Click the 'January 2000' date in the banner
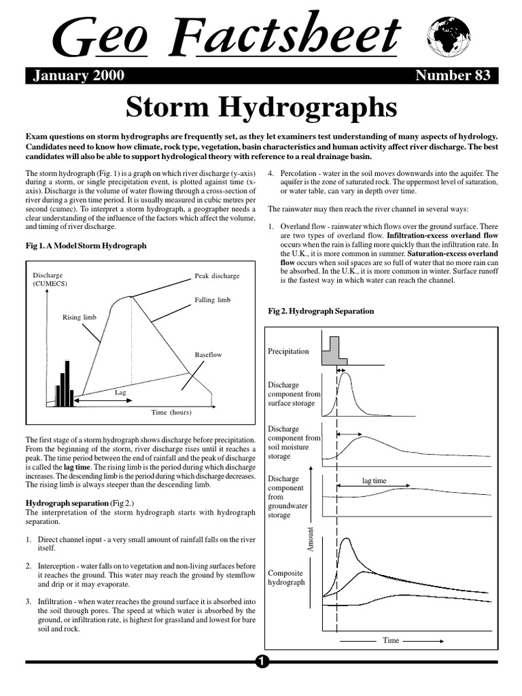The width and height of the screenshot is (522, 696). point(79,76)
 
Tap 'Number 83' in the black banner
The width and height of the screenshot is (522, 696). point(453,76)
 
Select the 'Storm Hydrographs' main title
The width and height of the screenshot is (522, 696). point(261,107)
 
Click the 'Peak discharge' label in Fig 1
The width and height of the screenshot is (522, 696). point(217,276)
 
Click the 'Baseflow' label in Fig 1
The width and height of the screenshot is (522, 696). point(208,355)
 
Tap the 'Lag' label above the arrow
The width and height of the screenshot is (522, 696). point(120,392)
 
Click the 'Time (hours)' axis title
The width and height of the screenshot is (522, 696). point(171,413)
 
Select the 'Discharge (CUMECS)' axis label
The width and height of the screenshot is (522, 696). point(52,279)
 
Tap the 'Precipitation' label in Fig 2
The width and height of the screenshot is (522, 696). point(289,351)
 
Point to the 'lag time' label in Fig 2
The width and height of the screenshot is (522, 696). point(374,481)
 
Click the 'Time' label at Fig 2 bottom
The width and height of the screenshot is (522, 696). point(391,640)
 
